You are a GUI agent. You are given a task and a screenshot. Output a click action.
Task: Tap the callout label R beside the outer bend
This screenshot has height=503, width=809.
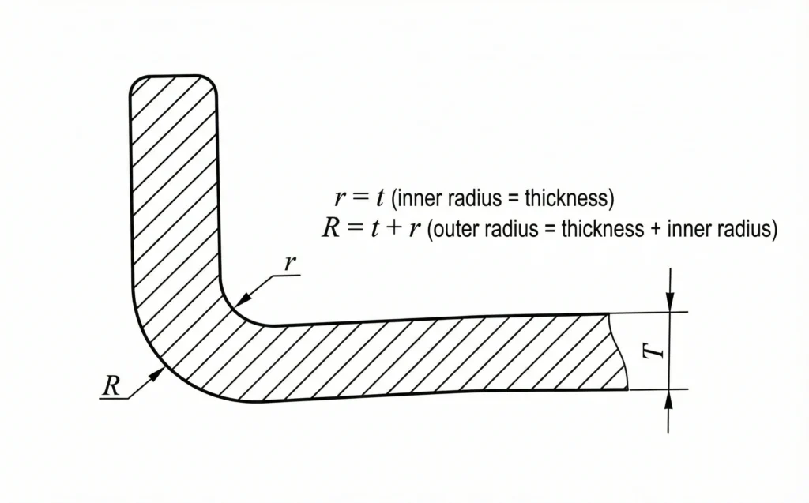click(x=111, y=386)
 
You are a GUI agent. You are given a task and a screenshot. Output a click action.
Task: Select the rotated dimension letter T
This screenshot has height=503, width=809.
click(x=655, y=351)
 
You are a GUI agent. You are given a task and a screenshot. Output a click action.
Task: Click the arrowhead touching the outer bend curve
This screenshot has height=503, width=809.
click(x=160, y=372)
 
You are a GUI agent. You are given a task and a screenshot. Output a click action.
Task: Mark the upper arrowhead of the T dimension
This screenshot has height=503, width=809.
click(x=669, y=303)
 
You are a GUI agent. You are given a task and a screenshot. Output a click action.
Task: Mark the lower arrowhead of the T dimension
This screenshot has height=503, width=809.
click(x=669, y=398)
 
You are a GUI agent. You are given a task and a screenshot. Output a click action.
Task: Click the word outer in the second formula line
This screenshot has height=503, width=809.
click(x=461, y=230)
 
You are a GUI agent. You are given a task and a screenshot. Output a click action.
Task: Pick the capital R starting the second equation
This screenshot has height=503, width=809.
click(x=330, y=229)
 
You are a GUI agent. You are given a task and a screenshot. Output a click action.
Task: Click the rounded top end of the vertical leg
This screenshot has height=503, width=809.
click(x=173, y=77)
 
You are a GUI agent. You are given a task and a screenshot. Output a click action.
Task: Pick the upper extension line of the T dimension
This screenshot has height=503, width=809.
click(x=648, y=312)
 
